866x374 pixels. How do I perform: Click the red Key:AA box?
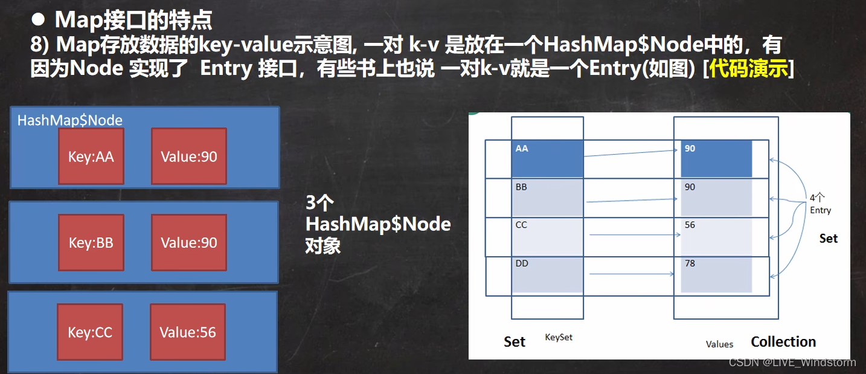pos(91,156)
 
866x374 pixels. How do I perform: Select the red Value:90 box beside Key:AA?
pos(188,156)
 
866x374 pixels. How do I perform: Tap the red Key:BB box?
pos(91,243)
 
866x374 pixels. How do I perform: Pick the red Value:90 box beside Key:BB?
pos(188,243)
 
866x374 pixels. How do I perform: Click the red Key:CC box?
pos(91,332)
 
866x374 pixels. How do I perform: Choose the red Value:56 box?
pos(188,332)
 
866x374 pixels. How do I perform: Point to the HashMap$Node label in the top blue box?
pos(69,120)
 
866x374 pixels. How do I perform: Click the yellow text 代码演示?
pos(749,69)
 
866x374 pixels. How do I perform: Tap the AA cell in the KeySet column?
pos(547,159)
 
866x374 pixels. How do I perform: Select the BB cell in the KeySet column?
pos(547,198)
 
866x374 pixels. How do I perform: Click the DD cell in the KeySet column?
pos(547,276)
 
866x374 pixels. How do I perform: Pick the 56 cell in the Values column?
pos(716,236)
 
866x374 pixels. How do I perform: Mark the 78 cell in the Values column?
pos(716,276)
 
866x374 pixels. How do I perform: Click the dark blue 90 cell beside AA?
pos(716,159)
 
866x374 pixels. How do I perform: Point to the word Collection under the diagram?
pos(783,342)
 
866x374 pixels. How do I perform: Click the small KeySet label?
pos(559,337)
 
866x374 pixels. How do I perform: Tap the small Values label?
pos(719,344)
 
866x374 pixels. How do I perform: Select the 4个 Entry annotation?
pos(820,204)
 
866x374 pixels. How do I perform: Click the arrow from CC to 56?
pos(632,234)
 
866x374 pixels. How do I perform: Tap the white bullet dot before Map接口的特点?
pos(39,20)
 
